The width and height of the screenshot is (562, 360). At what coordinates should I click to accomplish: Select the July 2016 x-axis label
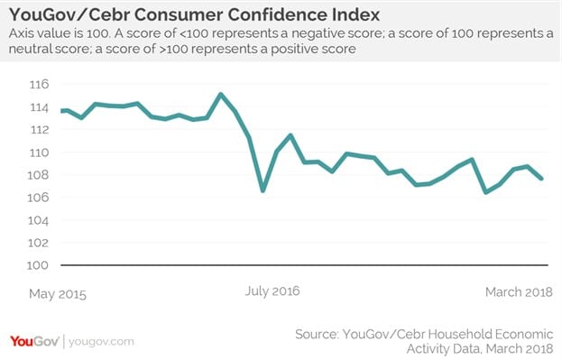(272, 291)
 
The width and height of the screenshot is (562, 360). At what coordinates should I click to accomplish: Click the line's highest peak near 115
(221, 94)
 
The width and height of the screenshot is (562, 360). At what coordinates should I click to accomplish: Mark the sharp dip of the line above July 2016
(263, 190)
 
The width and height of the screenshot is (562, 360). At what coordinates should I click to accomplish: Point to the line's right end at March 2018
(542, 179)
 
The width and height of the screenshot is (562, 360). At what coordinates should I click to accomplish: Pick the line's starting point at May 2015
(61, 111)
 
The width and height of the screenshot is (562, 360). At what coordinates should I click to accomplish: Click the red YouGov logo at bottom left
(34, 341)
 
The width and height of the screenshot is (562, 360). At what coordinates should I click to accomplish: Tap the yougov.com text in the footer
(102, 342)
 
